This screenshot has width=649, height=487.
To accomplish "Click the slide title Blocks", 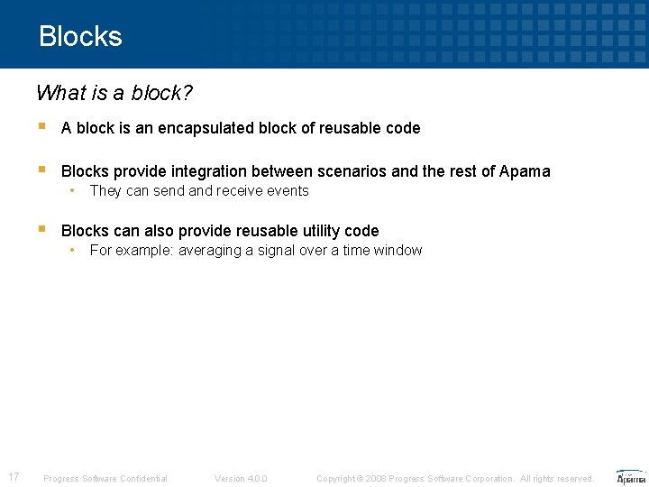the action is tap(80, 36).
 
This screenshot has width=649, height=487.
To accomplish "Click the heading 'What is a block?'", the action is tap(114, 93).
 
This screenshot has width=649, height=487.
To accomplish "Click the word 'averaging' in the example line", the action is tap(210, 251).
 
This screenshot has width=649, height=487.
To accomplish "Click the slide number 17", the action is tap(14, 477).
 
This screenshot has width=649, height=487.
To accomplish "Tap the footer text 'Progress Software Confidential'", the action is tap(105, 478).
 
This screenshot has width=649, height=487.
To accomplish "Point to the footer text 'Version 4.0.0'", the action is tap(241, 478).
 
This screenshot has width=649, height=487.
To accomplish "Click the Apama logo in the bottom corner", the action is tap(630, 477).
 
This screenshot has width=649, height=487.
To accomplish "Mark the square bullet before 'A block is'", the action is tap(42, 127).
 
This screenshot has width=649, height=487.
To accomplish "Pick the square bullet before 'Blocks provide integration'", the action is tap(42, 170).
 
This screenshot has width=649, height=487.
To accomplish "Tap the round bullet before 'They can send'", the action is tap(73, 191).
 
